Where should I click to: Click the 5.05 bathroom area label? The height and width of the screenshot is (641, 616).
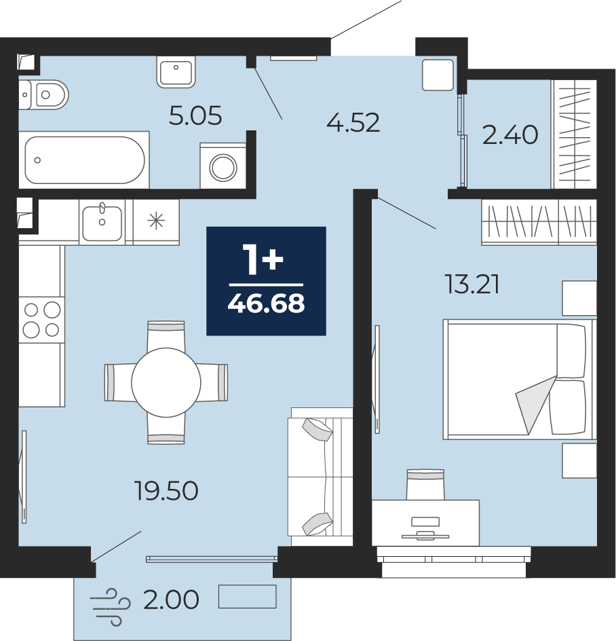(x=195, y=115)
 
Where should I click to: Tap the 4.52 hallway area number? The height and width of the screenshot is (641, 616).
(x=353, y=123)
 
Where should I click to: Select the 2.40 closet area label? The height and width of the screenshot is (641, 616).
(x=510, y=135)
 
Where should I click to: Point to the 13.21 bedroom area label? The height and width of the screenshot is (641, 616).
(x=472, y=285)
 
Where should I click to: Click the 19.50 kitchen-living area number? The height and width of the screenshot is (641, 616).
(x=166, y=490)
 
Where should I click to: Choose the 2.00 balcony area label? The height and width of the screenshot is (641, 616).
(x=172, y=600)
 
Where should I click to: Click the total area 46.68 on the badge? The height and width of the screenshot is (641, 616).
(x=267, y=304)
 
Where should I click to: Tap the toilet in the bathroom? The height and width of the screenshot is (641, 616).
(x=43, y=95)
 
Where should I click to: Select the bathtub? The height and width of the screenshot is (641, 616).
(x=85, y=160)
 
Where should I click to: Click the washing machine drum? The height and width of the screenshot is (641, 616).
(x=223, y=167)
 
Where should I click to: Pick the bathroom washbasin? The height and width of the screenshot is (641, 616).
(x=176, y=72)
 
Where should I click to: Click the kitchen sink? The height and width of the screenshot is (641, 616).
(x=102, y=223)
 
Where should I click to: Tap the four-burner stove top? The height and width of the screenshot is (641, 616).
(x=41, y=320)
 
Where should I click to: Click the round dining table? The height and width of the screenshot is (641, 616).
(x=166, y=382)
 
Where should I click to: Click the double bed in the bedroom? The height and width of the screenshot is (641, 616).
(x=520, y=380)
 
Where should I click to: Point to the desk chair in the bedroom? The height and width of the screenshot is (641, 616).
(x=425, y=484)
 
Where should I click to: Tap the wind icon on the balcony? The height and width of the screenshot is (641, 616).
(x=111, y=607)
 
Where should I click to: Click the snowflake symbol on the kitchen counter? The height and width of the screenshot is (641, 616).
(x=157, y=221)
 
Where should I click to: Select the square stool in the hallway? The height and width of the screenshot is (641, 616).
(x=438, y=75)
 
